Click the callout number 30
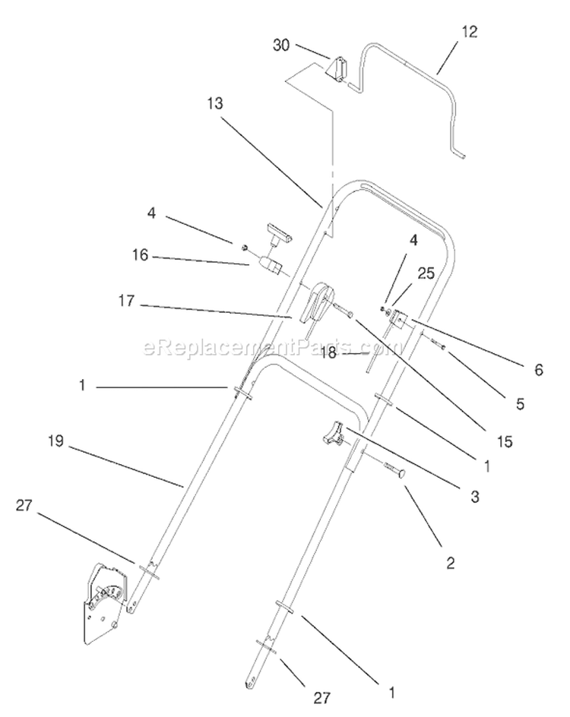[x=281, y=46]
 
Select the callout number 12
[x=470, y=32]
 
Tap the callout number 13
[x=214, y=104]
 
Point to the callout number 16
[x=141, y=254]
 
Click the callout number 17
[x=127, y=301]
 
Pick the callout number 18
[x=328, y=352]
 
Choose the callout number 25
[x=426, y=273]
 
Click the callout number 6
[x=539, y=369]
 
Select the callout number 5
[x=520, y=404]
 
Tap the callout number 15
[x=505, y=442]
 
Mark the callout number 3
[x=475, y=497]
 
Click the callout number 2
[x=451, y=563]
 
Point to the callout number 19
[x=55, y=442]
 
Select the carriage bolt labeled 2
[x=391, y=471]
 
